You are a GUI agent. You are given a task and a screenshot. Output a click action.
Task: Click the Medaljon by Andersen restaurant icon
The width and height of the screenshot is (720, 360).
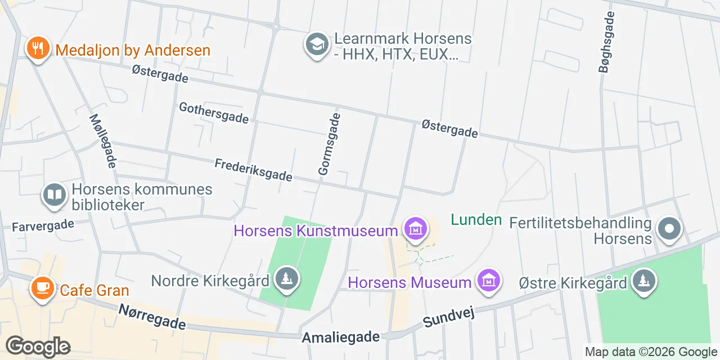(38, 48)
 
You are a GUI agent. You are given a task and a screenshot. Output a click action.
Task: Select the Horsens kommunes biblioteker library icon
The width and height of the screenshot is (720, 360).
(55, 195)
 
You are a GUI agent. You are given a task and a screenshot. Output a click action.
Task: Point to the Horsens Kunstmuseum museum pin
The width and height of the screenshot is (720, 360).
(415, 229)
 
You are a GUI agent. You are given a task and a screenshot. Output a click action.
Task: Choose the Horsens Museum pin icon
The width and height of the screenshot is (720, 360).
(488, 280)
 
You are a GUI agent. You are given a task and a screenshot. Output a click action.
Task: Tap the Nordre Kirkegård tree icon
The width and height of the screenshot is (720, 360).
(287, 278)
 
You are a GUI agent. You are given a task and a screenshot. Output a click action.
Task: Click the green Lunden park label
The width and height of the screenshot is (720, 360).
(476, 219)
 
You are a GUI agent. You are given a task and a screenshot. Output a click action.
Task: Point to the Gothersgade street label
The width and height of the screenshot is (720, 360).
(214, 112)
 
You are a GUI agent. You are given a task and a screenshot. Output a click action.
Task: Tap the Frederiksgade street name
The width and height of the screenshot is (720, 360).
(253, 170)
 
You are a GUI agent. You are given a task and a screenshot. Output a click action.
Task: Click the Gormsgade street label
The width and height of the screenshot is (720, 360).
(329, 144)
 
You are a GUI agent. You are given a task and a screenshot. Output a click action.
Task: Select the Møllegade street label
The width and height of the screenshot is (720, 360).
(103, 141)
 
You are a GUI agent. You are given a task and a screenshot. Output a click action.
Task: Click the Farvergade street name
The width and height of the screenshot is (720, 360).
(43, 226)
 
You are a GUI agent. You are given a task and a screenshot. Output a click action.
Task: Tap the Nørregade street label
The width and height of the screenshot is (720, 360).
(152, 317)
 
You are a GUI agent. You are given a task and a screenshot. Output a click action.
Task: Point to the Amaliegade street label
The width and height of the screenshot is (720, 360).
(341, 337)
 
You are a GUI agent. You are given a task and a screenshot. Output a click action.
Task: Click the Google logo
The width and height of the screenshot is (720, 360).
(38, 346)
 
